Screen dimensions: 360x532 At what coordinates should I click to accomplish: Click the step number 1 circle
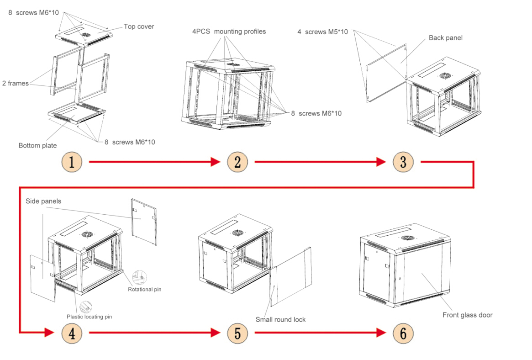72,162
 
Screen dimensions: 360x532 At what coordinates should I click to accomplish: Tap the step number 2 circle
237,162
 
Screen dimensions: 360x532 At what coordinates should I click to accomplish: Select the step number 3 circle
403,162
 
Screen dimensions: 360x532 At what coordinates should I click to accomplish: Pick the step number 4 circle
72,334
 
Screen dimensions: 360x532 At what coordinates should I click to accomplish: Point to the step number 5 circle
237,334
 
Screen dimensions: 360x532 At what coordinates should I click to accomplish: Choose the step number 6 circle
403,334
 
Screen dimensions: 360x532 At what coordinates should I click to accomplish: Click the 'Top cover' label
139,26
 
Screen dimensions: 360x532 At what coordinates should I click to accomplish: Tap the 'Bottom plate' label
37,145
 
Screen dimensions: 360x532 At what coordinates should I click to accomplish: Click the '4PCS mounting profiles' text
229,32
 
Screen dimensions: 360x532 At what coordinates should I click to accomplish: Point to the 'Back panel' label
445,38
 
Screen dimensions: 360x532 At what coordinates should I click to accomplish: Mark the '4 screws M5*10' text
322,32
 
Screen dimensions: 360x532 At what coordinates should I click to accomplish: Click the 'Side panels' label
41,201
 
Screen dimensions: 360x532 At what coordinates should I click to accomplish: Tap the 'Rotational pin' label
144,289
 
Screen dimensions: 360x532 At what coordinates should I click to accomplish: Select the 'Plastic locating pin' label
89,316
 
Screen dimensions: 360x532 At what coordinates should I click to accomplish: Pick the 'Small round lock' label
280,319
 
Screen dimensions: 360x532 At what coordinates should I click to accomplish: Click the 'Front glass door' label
467,315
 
